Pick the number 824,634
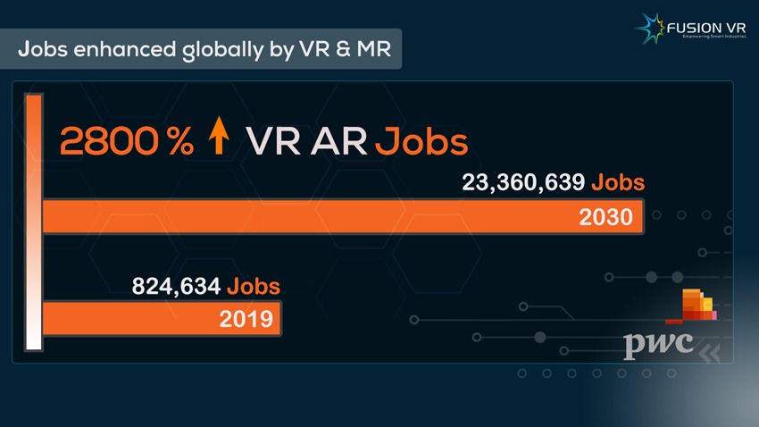[176, 287]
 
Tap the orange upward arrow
[218, 140]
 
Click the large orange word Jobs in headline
[421, 142]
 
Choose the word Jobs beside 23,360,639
[617, 183]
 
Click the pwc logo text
[658, 343]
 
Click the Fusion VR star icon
[649, 27]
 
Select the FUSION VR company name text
[707, 28]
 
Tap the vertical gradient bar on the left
[33, 222]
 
